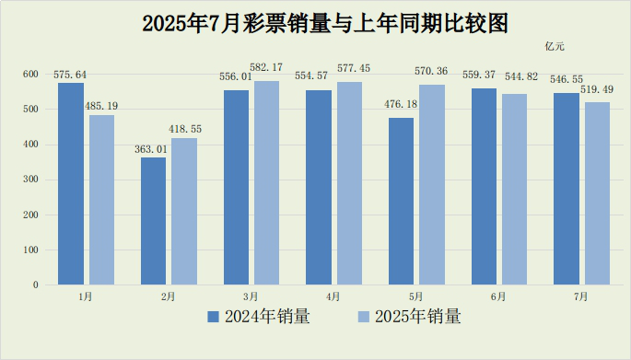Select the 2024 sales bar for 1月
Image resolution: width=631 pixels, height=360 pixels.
point(71,183)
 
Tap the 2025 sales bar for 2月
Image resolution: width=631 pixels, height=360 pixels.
point(184,211)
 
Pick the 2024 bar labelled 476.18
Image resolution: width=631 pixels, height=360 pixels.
point(402,201)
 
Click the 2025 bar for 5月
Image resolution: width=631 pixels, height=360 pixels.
point(432,184)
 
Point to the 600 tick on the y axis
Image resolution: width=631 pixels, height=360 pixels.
point(30,74)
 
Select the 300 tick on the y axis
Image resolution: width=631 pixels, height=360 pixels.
point(30,180)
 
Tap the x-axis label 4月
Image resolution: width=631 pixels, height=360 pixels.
point(333,296)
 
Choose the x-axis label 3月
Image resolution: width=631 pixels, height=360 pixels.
point(251,296)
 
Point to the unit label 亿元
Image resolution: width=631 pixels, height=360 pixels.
point(555,47)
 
